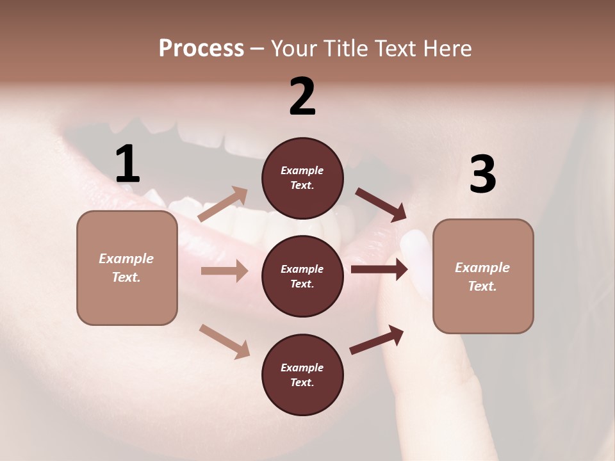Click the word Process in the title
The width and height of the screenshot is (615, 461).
(201, 49)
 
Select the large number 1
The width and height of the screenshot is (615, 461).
(127, 165)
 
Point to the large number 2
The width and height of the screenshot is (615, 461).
(302, 97)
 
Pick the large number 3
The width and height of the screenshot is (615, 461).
(482, 174)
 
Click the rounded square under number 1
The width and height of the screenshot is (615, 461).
(127, 268)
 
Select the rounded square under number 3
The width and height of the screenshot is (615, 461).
(483, 277)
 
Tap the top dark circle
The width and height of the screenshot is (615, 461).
(302, 178)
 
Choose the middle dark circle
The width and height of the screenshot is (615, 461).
(302, 276)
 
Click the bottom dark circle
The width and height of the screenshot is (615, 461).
(302, 375)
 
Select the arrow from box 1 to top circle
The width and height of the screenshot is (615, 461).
(223, 204)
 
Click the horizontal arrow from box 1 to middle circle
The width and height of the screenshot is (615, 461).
(224, 271)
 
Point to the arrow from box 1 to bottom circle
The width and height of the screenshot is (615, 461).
(224, 341)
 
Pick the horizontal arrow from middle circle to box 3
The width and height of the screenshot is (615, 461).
(379, 269)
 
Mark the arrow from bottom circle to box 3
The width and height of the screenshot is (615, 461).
(377, 340)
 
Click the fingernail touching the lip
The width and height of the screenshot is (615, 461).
(414, 244)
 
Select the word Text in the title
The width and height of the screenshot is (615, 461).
(391, 49)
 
